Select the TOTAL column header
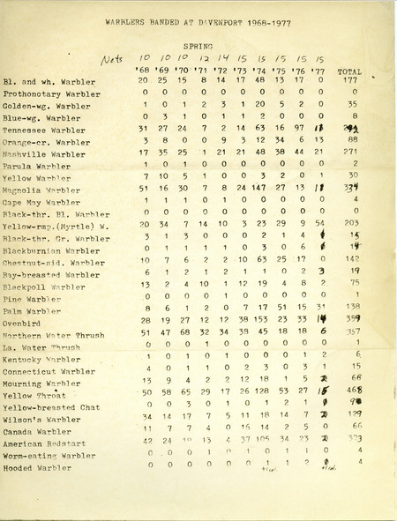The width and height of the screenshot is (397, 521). tap(354, 70)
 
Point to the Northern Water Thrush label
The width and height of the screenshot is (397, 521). tap(56, 333)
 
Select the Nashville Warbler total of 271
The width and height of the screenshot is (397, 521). tap(355, 153)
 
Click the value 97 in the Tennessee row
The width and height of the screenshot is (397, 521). tap(299, 129)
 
